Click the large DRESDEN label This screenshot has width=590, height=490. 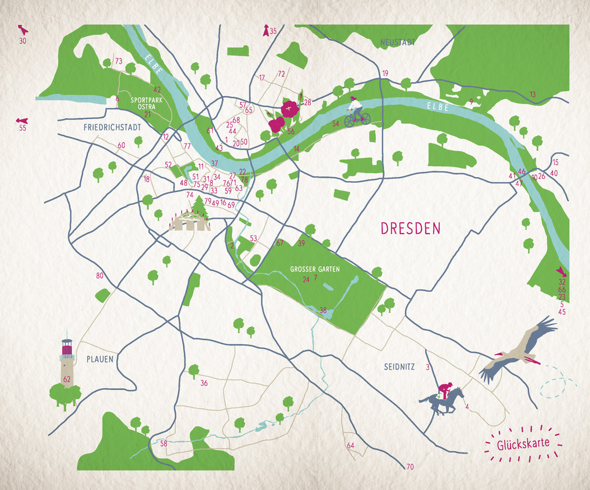[x=410, y=228]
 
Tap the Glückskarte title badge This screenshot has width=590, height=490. [x=523, y=445]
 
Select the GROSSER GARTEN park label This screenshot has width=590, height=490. [x=315, y=269]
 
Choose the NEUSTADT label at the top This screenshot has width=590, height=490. [x=398, y=42]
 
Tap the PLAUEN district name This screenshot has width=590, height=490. [x=99, y=359]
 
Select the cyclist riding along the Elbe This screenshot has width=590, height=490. [x=356, y=113]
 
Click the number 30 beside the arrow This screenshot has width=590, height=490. [x=23, y=40]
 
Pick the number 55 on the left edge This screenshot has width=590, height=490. [x=23, y=128]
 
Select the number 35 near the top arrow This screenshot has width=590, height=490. [x=273, y=31]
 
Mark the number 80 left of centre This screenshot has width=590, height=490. [x=99, y=275]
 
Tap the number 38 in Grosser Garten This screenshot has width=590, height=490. [x=323, y=310]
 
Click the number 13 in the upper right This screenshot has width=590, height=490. [x=532, y=94]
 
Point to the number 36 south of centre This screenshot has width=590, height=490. [x=204, y=383]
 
